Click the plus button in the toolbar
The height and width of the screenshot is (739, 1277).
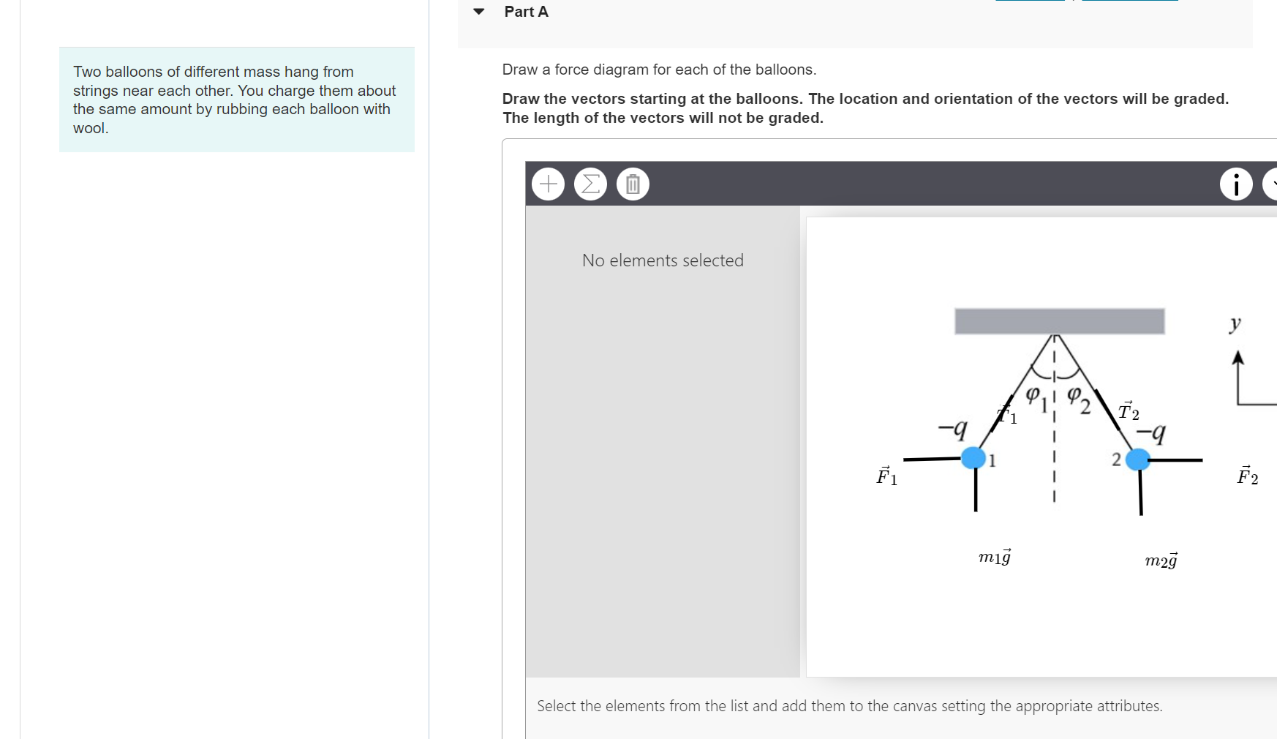[548, 184]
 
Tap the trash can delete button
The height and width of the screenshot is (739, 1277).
[633, 184]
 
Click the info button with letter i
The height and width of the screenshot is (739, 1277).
[1236, 184]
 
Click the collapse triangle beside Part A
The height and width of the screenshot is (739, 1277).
[479, 12]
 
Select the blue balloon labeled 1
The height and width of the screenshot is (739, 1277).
[973, 458]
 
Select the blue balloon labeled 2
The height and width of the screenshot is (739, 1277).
[1137, 459]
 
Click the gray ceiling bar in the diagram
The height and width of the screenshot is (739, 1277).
[1059, 321]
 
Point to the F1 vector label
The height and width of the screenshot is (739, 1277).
[886, 476]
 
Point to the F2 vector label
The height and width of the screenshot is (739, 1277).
[1247, 476]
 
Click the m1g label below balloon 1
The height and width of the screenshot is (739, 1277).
[995, 557]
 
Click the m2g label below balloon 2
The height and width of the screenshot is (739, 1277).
[1161, 560]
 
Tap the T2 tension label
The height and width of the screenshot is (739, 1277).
[1129, 412]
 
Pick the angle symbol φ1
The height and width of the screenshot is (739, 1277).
[1036, 397]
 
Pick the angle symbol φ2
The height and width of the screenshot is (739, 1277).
[1078, 399]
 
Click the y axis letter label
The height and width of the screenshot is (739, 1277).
[1235, 323]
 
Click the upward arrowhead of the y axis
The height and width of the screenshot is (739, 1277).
[1238, 357]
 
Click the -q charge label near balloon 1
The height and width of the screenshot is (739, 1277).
[953, 427]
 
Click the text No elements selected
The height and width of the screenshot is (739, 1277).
[663, 260]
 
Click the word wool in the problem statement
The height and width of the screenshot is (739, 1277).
[89, 128]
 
